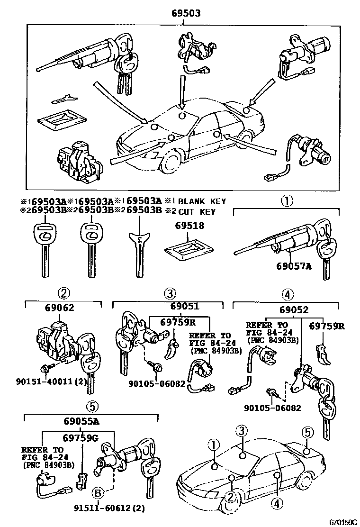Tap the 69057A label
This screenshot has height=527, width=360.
(x=294, y=266)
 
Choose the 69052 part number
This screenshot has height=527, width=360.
(x=294, y=310)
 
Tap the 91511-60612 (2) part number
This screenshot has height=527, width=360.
(x=108, y=509)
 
